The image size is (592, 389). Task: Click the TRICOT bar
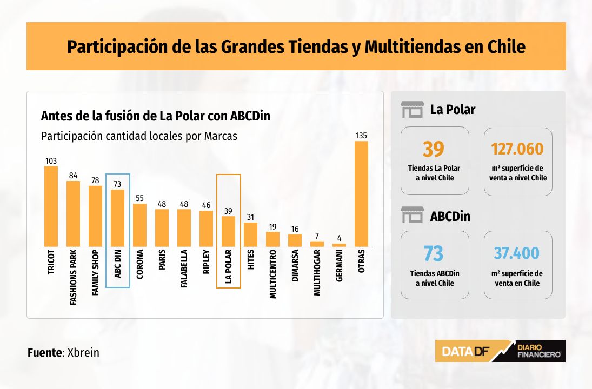tap(51, 206)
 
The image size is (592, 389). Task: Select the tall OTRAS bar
tap(361, 194)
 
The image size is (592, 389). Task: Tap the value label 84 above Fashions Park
tap(73, 176)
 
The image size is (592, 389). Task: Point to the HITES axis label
tap(250, 259)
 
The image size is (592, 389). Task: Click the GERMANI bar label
tap(339, 266)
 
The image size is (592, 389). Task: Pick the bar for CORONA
tap(139, 225)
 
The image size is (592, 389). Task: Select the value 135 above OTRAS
tap(361, 136)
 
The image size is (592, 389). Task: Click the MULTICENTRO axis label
tap(272, 274)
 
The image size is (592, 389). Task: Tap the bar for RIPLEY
tap(206, 229)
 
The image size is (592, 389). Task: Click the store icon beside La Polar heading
tap(413, 110)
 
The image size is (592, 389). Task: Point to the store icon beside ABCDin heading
tap(413, 215)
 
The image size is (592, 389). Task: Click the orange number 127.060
tap(517, 149)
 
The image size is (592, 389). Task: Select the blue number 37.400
tap(516, 253)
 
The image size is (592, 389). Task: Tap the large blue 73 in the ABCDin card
tap(434, 253)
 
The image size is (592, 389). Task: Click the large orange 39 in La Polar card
tap(434, 149)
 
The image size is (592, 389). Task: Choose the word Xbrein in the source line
tap(83, 353)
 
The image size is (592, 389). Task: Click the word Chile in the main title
tap(506, 47)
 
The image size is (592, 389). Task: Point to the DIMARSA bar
tap(295, 241)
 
